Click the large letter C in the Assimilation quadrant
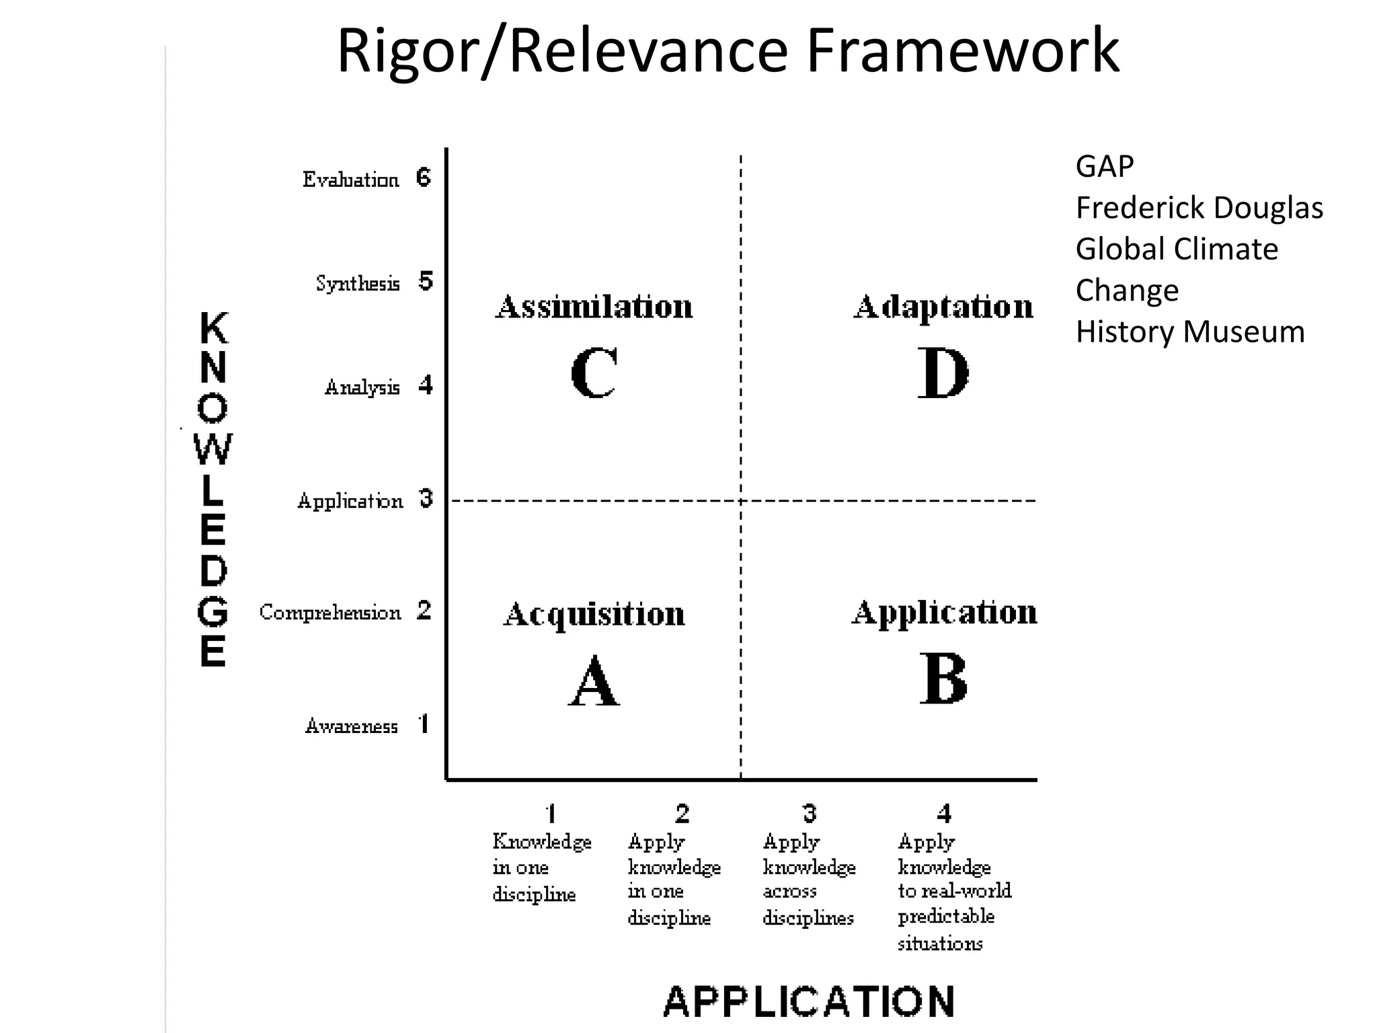pos(594,373)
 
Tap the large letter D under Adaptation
pos(943,373)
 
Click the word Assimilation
pos(594,307)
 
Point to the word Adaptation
pos(943,307)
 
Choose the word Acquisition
pos(594,614)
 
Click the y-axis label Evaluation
pos(350,180)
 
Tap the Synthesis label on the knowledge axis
pos(358,283)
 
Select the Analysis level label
pos(362,387)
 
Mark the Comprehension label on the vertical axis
pos(329,613)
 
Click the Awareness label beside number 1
pos(351,726)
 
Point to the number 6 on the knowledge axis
pos(424,178)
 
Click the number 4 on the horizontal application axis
pos(944,814)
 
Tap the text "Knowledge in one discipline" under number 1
pos(541,868)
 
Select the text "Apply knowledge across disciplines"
pos(809,879)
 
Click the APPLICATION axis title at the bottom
pos(809,1001)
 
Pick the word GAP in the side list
pos(1104,166)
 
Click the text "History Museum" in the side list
pos(1189,332)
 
